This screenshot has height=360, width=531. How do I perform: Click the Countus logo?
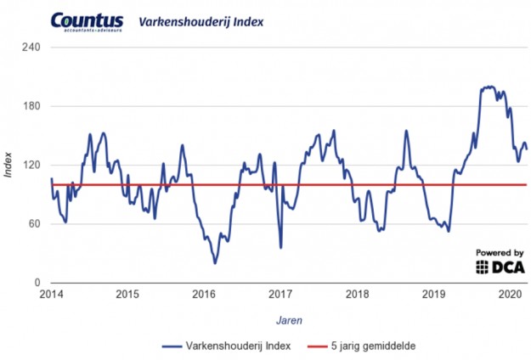click(86, 21)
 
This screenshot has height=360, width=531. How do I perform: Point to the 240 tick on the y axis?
click(31, 48)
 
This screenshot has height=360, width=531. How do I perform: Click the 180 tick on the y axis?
click(31, 106)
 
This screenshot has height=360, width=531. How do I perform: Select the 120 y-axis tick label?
click(31, 165)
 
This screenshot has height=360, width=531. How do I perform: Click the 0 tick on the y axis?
click(37, 283)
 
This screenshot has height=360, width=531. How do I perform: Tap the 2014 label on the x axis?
click(51, 295)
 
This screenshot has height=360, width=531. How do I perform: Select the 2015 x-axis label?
click(127, 295)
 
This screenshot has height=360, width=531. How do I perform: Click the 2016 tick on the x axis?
click(204, 295)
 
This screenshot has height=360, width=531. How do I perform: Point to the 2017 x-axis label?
click(280, 295)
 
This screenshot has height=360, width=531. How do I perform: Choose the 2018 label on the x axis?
click(357, 295)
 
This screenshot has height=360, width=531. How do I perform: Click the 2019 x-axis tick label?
click(433, 295)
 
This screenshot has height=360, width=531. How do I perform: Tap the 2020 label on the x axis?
click(509, 295)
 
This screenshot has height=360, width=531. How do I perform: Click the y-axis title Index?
click(8, 165)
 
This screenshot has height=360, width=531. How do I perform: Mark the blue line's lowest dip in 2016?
click(215, 262)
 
